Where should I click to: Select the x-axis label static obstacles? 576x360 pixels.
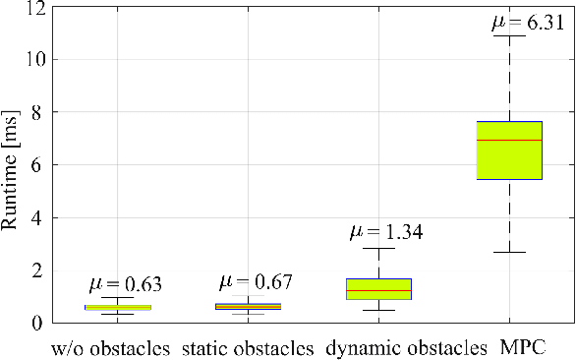tap(248, 348)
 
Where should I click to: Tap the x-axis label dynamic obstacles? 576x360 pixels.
tap(406, 348)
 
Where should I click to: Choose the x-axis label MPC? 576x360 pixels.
tap(523, 348)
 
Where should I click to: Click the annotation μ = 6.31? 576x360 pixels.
tap(527, 23)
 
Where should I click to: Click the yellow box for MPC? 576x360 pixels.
tap(509, 157)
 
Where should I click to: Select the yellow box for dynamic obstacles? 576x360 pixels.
tap(378, 288)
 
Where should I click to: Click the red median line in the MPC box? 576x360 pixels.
tap(509, 141)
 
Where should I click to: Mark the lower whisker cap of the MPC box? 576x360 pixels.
tap(509, 252)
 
